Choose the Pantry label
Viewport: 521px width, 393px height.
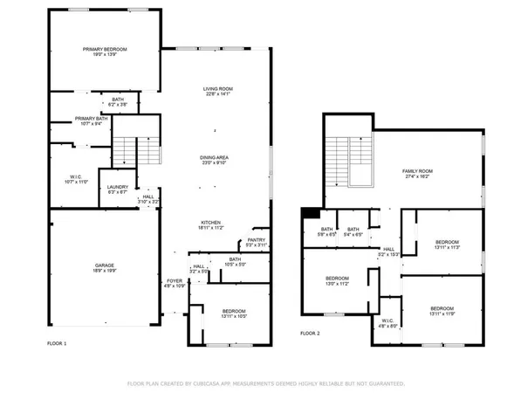(x=256, y=242)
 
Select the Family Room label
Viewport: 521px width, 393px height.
(x=417, y=173)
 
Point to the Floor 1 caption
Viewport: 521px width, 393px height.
(x=57, y=344)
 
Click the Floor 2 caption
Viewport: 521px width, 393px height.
(x=311, y=333)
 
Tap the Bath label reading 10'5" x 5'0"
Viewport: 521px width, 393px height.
(x=235, y=261)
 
